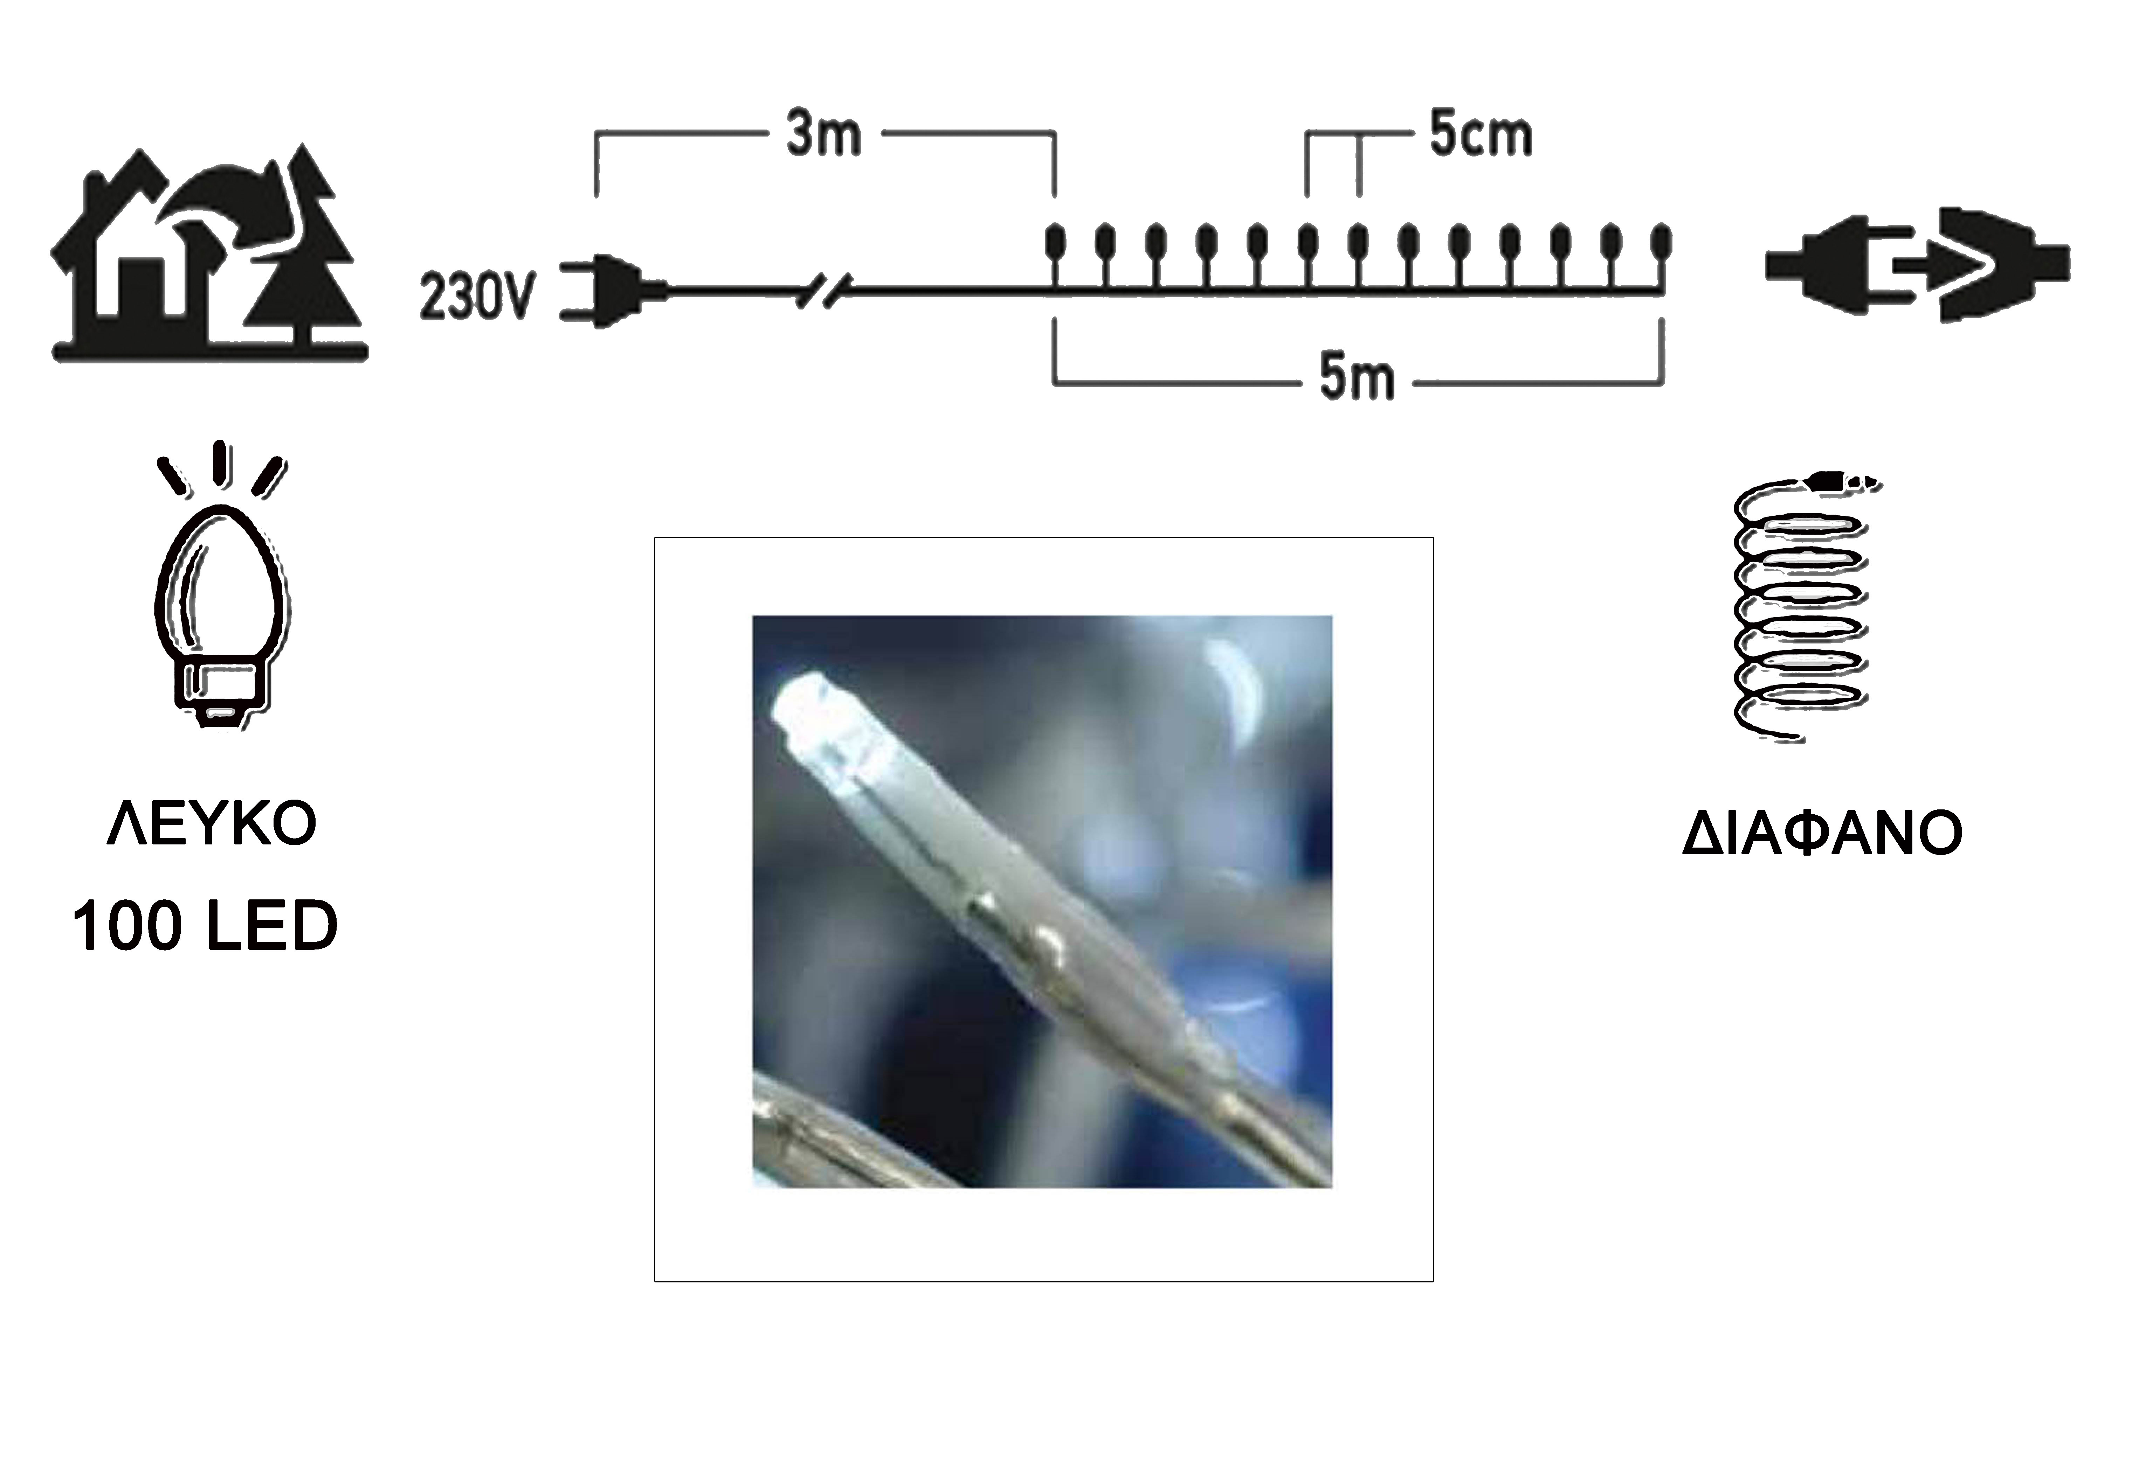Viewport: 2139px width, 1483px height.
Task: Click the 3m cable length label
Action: click(824, 135)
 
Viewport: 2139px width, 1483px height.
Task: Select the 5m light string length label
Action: click(1357, 378)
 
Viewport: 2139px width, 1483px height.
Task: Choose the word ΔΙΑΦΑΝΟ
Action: click(1822, 833)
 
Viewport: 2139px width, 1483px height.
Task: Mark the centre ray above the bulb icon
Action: click(220, 463)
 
